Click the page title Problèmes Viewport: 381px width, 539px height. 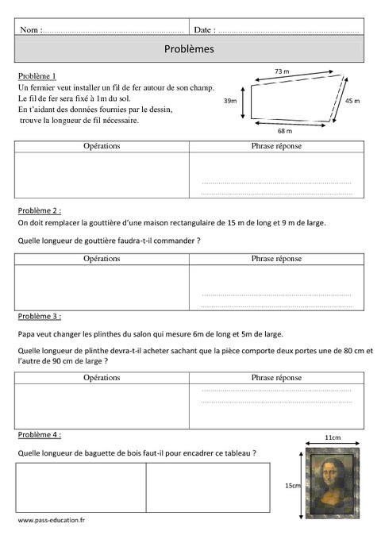189,48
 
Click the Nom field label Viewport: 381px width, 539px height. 31,29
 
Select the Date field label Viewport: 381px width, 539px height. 204,29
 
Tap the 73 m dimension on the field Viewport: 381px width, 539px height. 282,71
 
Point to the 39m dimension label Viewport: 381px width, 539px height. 229,101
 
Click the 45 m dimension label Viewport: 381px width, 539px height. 352,101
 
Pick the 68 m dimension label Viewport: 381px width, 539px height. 285,130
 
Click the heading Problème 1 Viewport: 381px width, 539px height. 37,75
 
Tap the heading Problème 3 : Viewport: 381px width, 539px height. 38,316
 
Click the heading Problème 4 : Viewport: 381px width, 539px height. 38,435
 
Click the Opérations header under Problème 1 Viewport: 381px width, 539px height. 102,146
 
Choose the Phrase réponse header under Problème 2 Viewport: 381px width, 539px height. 276,259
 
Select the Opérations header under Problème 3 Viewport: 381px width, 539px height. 102,378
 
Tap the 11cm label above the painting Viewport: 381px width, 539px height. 333,437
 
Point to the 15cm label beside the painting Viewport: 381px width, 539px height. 293,485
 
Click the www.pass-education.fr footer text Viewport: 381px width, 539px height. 52,519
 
